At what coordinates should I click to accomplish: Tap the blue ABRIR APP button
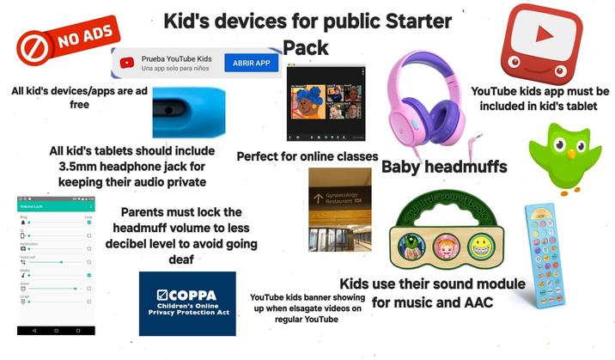[x=252, y=63]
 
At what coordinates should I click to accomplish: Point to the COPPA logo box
[x=186, y=303]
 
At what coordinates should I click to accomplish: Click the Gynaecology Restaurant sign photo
[x=339, y=209]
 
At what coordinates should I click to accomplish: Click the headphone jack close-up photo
[x=191, y=111]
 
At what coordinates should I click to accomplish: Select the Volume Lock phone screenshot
[x=56, y=266]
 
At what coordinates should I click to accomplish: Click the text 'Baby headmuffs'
[x=444, y=167]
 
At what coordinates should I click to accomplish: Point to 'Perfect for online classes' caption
[x=307, y=156]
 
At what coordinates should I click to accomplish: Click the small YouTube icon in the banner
[x=127, y=62]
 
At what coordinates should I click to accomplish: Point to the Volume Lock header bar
[x=56, y=207]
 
